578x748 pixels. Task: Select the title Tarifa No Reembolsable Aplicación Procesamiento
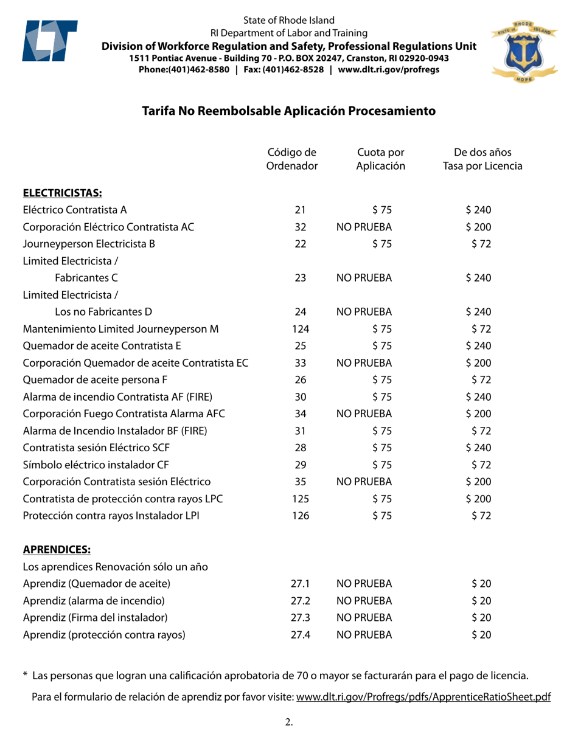288,111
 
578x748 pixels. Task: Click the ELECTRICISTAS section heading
62,193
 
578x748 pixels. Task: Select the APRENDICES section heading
57,551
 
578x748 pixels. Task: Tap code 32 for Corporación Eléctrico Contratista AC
299,227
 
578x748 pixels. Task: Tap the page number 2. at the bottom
289,723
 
